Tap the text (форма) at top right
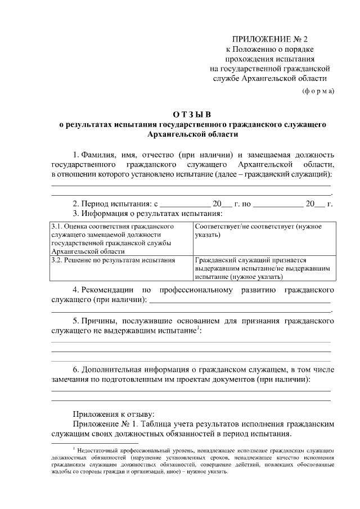tap(318, 91)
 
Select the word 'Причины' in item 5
tap(99, 321)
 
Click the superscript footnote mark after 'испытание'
tap(197, 328)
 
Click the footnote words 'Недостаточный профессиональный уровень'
tap(127, 451)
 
